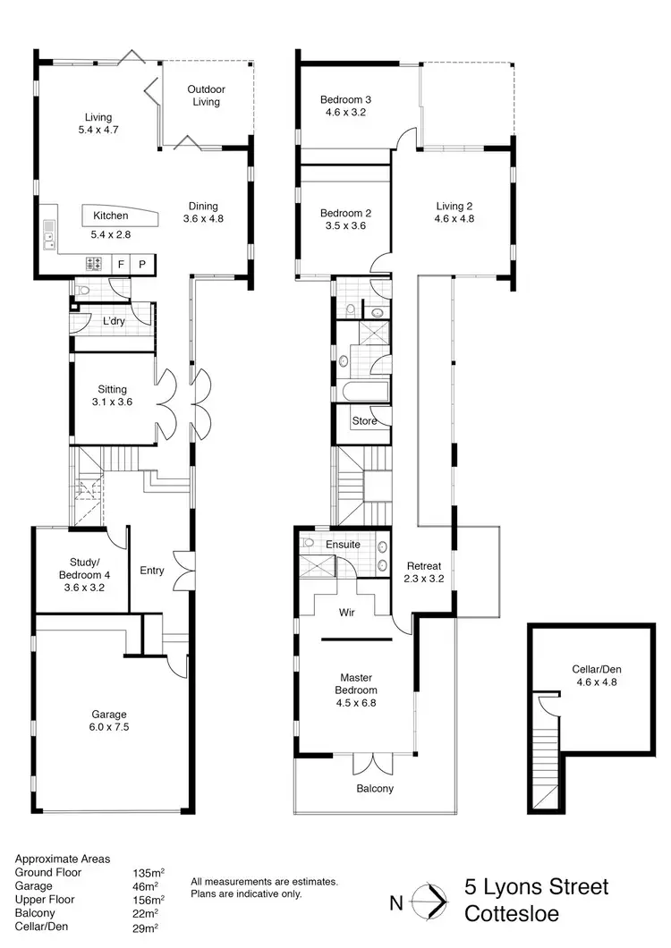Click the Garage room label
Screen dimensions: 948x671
pyautogui.click(x=108, y=714)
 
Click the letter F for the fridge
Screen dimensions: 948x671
pyautogui.click(x=121, y=264)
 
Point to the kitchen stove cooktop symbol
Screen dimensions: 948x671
pyautogui.click(x=93, y=264)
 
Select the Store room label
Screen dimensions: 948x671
pyautogui.click(x=364, y=420)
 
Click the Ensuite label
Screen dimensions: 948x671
pyautogui.click(x=343, y=544)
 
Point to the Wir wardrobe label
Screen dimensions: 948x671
pyautogui.click(x=349, y=614)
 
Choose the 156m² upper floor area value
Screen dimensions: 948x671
pyautogui.click(x=148, y=900)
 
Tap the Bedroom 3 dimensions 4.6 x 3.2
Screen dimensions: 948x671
pyautogui.click(x=344, y=113)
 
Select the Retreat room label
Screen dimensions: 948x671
pyautogui.click(x=425, y=566)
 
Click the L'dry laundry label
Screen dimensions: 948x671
pyautogui.click(x=114, y=321)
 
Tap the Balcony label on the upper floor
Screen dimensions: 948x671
pyautogui.click(x=374, y=789)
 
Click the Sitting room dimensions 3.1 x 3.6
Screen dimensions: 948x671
pyautogui.click(x=113, y=402)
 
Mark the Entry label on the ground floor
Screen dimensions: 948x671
pyautogui.click(x=152, y=571)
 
